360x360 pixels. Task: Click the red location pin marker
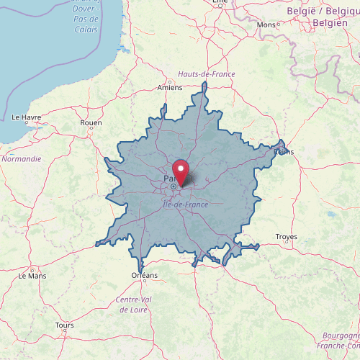pyautogui.click(x=180, y=173)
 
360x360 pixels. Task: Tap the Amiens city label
pyautogui.click(x=170, y=88)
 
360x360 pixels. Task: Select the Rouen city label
pyautogui.click(x=91, y=123)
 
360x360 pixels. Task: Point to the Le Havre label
pyautogui.click(x=27, y=117)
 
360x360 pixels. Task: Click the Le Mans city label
pyautogui.click(x=32, y=275)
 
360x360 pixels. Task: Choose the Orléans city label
pyautogui.click(x=145, y=275)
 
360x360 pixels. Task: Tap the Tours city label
pyautogui.click(x=64, y=325)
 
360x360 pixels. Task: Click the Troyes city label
pyautogui.click(x=287, y=237)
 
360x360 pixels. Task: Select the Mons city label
pyautogui.click(x=266, y=25)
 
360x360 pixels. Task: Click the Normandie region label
pyautogui.click(x=22, y=158)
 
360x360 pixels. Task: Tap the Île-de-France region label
pyautogui.click(x=185, y=205)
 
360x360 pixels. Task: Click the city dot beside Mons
pyautogui.click(x=278, y=25)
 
